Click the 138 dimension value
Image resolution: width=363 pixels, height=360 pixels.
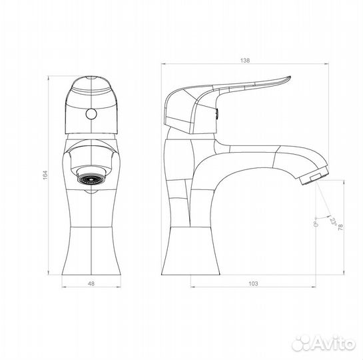tap(245, 61)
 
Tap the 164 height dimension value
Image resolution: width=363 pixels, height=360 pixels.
tap(45, 175)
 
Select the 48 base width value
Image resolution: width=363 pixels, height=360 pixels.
tap(91, 283)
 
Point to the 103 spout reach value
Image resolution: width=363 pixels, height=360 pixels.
tap(253, 283)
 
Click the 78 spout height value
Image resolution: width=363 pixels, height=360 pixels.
tap(340, 227)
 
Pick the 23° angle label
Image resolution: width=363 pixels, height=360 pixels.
tap(334, 222)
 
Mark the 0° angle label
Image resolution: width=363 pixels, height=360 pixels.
tap(316, 224)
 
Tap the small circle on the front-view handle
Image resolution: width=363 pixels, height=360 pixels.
tap(91, 114)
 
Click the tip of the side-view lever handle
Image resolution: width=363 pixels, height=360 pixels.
tap(290, 77)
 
